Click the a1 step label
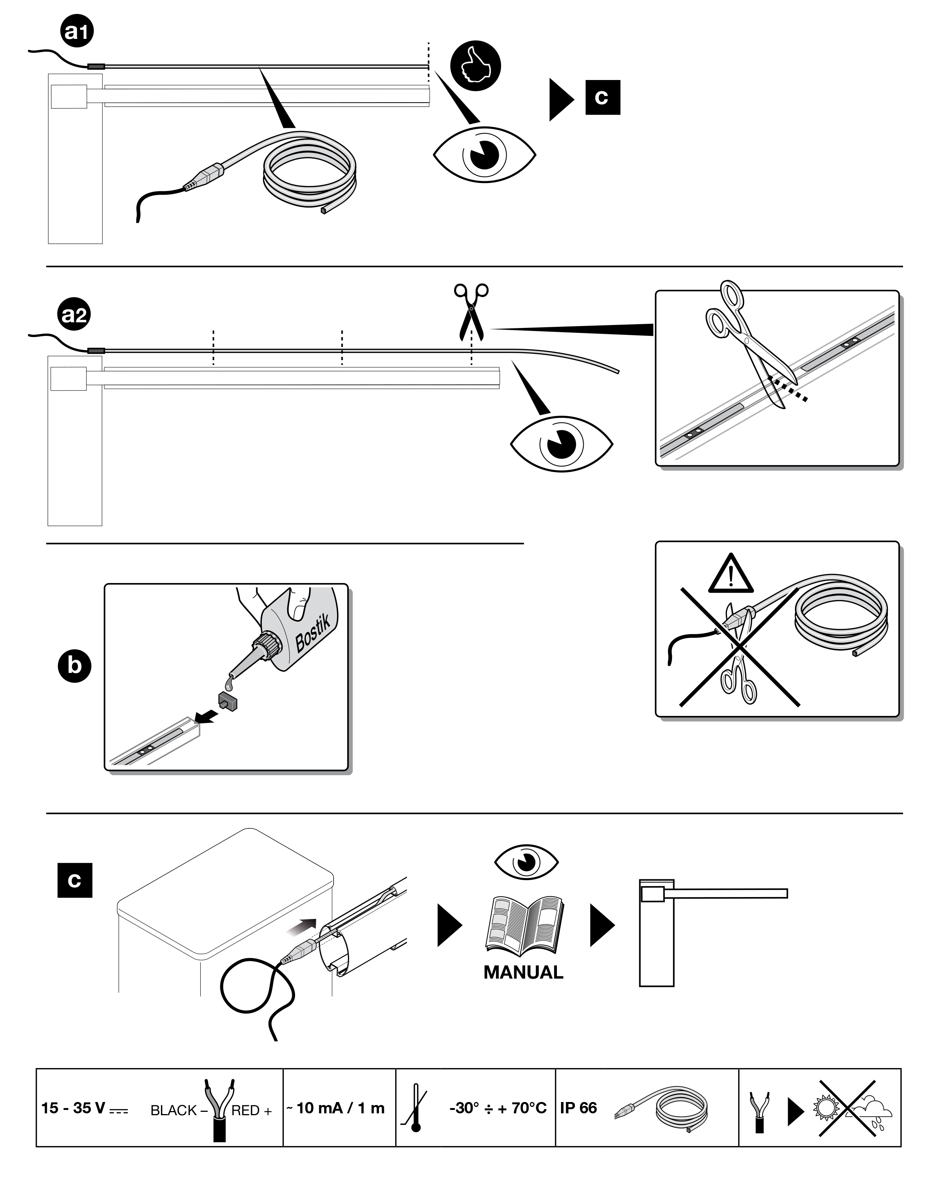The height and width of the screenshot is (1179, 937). click(x=77, y=32)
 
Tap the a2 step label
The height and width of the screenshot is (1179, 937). click(x=74, y=316)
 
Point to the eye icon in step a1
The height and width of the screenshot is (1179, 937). click(x=484, y=154)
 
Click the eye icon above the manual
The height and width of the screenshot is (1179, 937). click(x=526, y=862)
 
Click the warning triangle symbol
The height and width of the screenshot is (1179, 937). click(x=731, y=574)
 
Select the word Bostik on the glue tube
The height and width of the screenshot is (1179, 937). click(x=312, y=633)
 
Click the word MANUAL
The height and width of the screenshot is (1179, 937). click(x=523, y=972)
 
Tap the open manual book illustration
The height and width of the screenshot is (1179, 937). click(x=524, y=925)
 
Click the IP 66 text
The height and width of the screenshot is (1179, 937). click(x=578, y=1104)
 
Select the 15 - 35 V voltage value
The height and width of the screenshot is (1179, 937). click(x=73, y=1104)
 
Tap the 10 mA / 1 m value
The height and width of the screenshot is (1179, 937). click(x=340, y=1104)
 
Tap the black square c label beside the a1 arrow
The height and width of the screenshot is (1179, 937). click(x=603, y=97)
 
